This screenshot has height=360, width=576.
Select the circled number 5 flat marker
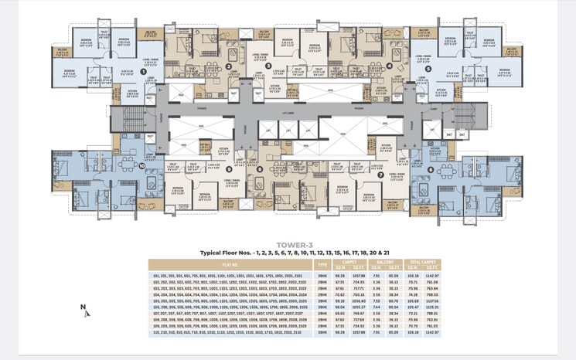(x=428, y=69)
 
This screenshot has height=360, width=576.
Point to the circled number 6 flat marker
(x=430, y=169)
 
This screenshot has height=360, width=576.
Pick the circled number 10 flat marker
(x=142, y=165)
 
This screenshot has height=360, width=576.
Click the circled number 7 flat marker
(x=380, y=175)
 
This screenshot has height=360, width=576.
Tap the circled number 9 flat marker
(x=229, y=167)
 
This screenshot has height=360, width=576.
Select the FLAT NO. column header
(x=230, y=263)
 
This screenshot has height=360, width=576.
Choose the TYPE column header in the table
(x=322, y=263)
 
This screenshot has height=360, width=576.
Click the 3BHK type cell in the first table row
(x=322, y=274)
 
